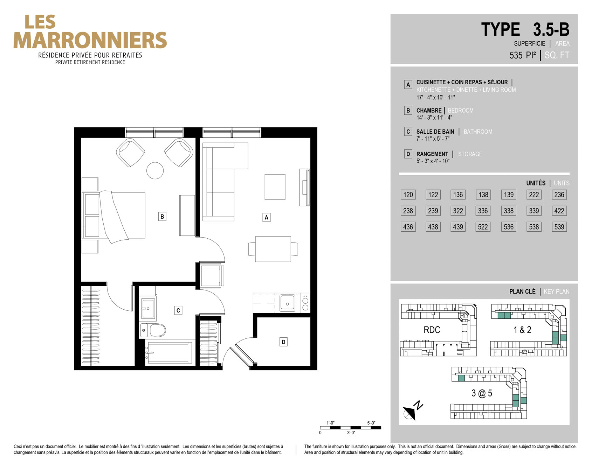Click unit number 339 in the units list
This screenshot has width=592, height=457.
[534, 211]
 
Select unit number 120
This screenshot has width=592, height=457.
[408, 195]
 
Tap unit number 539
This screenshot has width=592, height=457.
[559, 227]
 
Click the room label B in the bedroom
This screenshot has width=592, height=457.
[162, 217]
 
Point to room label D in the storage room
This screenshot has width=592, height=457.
[283, 342]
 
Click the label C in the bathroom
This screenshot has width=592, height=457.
[178, 310]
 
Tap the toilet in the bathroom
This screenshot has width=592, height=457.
[153, 330]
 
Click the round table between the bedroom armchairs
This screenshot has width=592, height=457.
[155, 170]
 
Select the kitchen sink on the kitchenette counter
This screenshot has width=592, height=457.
[287, 303]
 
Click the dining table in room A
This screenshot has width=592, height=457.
[273, 249]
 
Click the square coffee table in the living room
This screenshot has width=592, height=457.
[275, 187]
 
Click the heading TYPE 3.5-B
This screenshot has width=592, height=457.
[525, 29]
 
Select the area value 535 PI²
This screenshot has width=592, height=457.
[523, 55]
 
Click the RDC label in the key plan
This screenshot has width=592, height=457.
[432, 330]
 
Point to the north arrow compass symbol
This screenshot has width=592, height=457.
[412, 410]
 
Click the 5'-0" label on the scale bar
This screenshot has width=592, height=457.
[371, 423]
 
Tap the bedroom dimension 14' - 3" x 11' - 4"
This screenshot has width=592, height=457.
[434, 118]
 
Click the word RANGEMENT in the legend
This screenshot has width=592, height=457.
[432, 154]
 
